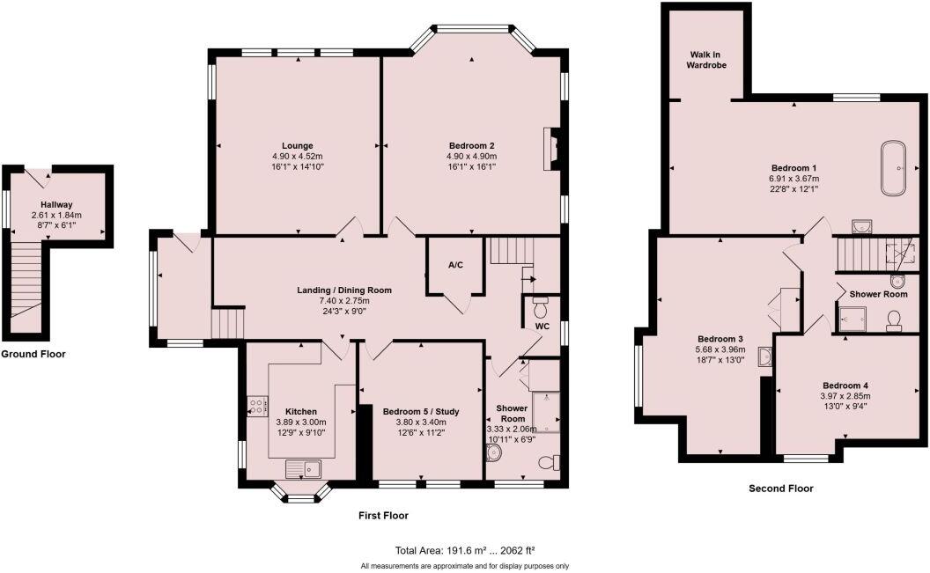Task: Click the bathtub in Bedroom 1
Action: (895, 166)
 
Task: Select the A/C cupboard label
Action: (455, 265)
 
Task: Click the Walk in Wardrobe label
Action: (707, 59)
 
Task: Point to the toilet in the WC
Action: (540, 308)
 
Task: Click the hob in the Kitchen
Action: (258, 406)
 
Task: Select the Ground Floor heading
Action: (33, 354)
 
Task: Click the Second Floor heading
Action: (780, 488)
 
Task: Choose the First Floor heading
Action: (383, 515)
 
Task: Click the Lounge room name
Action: (298, 145)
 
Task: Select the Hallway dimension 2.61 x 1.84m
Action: (56, 215)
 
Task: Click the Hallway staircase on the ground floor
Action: (28, 282)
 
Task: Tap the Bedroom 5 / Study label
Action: (421, 411)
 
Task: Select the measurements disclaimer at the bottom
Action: (464, 565)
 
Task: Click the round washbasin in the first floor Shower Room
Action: (493, 452)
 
